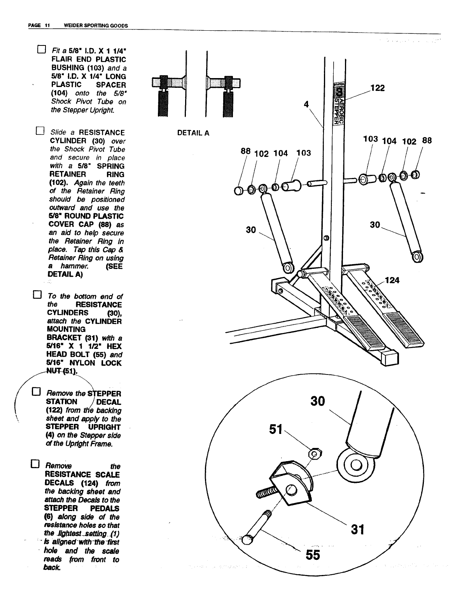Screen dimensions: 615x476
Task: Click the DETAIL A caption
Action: tap(193, 133)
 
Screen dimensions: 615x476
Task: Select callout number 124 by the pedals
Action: tap(392, 280)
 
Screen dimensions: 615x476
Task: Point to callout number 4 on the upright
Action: tap(306, 104)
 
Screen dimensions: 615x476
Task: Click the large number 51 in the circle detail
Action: tap(276, 430)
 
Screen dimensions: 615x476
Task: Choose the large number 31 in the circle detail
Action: tap(357, 529)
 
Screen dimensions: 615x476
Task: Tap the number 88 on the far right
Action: tap(427, 140)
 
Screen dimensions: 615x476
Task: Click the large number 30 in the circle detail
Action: tap(317, 401)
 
